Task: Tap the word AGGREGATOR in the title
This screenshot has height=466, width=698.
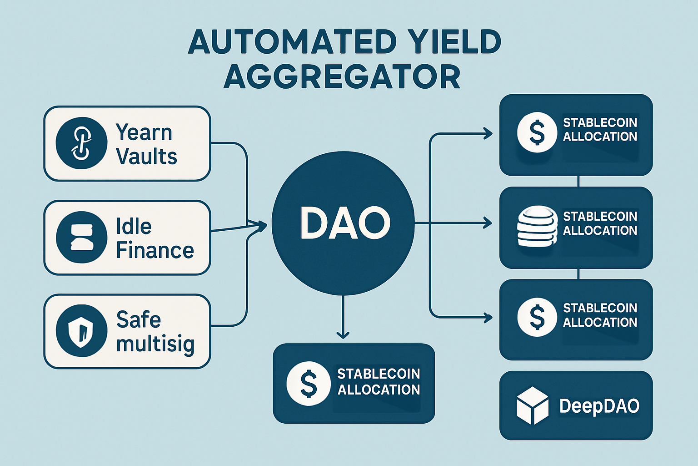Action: (342, 77)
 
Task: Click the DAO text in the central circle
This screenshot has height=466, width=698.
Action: (344, 223)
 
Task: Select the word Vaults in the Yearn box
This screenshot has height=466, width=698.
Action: (146, 156)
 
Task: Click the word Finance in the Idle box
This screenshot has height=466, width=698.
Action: (155, 250)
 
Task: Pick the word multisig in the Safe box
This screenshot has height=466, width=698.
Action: (155, 344)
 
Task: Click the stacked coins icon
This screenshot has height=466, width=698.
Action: (537, 226)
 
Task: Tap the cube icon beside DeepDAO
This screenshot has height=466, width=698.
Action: (533, 405)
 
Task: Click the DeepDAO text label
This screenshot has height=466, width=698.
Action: (599, 405)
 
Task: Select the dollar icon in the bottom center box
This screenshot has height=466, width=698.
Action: (309, 384)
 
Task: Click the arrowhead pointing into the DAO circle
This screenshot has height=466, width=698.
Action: (262, 224)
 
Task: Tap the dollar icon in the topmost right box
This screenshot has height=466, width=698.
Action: (537, 132)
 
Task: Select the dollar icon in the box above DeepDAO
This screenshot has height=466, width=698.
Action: (537, 317)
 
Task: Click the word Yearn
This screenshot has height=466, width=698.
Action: (144, 132)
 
